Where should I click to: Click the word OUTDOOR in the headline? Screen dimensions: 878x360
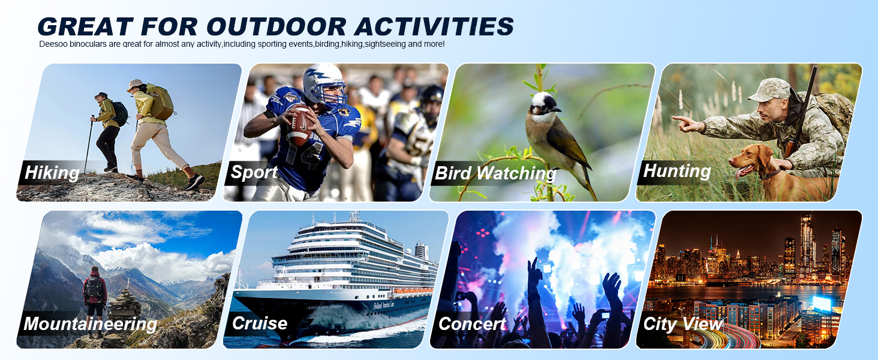click(276, 26)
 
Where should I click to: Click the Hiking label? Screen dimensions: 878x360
click(52, 173)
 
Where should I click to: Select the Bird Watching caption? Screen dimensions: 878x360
click(495, 173)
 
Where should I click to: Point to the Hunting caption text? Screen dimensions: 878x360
click(677, 171)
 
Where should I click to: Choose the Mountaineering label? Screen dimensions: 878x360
click(90, 323)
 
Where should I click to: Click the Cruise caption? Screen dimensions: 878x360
click(260, 323)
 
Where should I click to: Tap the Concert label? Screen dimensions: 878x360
click(472, 324)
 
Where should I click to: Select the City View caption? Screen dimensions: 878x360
click(682, 324)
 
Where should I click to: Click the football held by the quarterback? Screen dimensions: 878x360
click(300, 126)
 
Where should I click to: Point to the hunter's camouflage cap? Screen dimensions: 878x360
click(771, 89)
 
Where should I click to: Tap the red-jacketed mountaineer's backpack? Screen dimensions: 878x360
click(94, 287)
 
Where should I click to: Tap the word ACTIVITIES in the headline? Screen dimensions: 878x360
click(434, 26)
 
